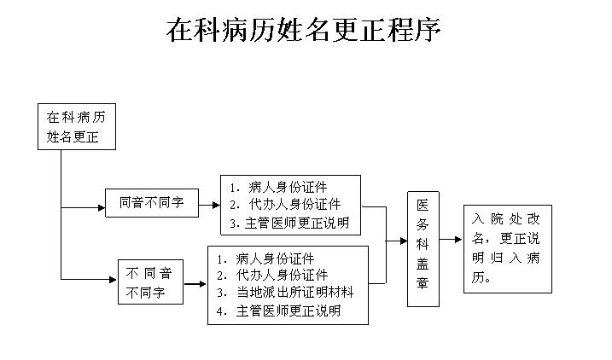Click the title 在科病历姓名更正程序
click(304, 30)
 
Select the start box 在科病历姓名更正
click(76, 126)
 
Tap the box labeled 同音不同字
click(151, 203)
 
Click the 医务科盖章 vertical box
click(423, 248)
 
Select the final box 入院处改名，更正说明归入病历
click(507, 248)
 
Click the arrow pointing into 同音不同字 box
click(96, 206)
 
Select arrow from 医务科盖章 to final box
click(452, 241)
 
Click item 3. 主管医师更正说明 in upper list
click(290, 224)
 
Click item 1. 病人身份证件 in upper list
click(278, 186)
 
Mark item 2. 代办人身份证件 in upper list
click(285, 204)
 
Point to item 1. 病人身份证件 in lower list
click(265, 258)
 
